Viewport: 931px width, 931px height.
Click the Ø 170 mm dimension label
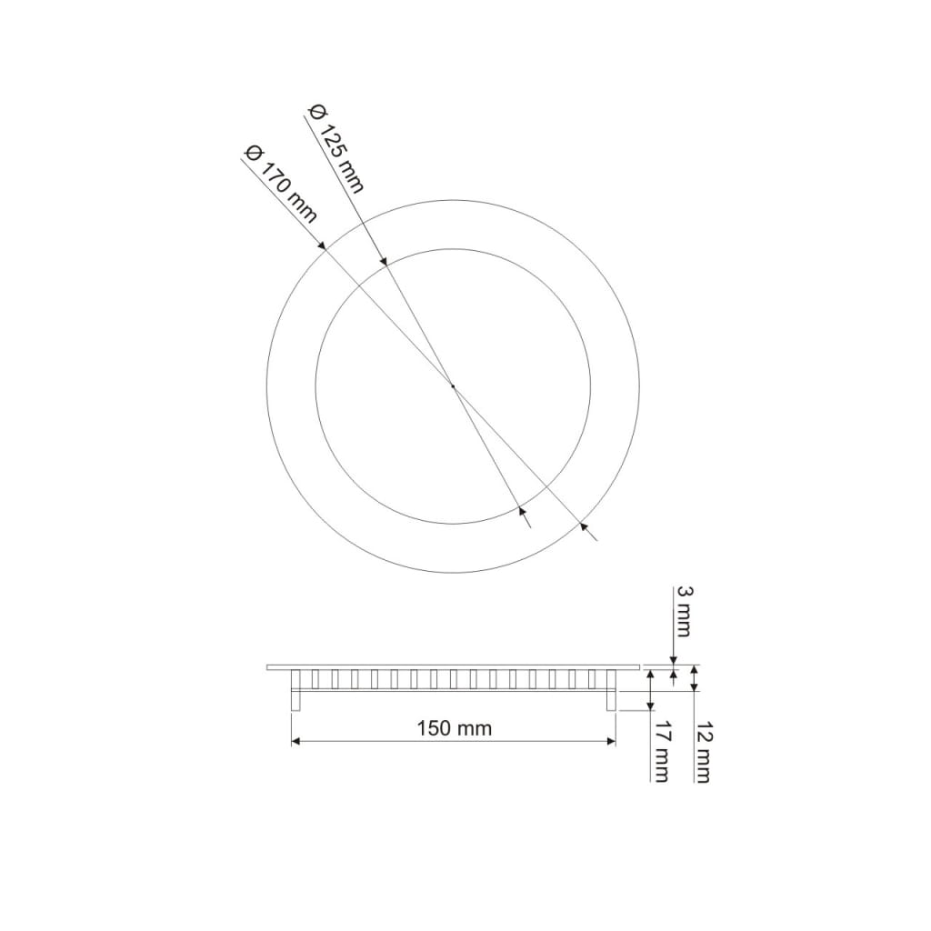click(x=281, y=185)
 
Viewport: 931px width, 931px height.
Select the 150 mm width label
click(x=455, y=728)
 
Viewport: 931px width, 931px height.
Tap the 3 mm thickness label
click(x=684, y=612)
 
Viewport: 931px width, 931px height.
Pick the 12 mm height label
click(x=703, y=753)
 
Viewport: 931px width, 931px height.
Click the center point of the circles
click(x=453, y=386)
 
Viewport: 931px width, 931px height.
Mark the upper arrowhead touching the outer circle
click(x=321, y=245)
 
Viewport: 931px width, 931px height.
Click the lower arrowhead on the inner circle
click(x=522, y=511)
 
